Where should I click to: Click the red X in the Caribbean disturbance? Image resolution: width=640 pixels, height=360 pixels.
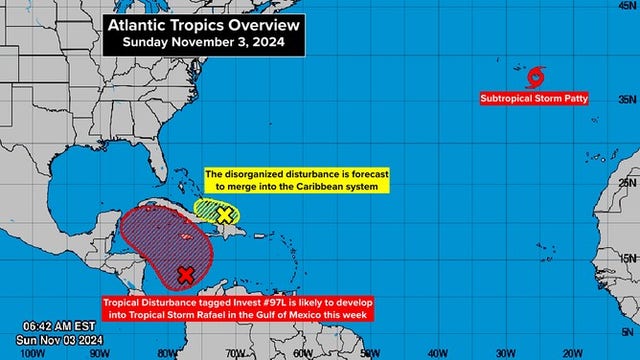pyautogui.click(x=185, y=274)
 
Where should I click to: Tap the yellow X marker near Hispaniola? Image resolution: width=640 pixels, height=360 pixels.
pyautogui.click(x=226, y=213)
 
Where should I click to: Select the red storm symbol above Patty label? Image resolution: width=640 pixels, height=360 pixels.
pyautogui.click(x=536, y=76)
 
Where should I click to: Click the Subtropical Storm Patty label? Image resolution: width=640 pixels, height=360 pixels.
pyautogui.click(x=534, y=99)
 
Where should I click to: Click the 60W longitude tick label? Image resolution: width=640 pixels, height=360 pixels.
pyautogui.click(x=301, y=352)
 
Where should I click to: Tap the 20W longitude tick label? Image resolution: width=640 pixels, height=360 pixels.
pyautogui.click(x=571, y=352)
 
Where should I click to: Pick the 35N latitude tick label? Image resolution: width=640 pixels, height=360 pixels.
pyautogui.click(x=627, y=100)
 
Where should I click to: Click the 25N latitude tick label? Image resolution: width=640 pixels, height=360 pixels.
pyautogui.click(x=627, y=183)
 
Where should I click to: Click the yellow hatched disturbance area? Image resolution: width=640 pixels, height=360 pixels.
pyautogui.click(x=210, y=209)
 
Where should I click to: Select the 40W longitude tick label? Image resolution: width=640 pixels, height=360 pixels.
pyautogui.click(x=436, y=352)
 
